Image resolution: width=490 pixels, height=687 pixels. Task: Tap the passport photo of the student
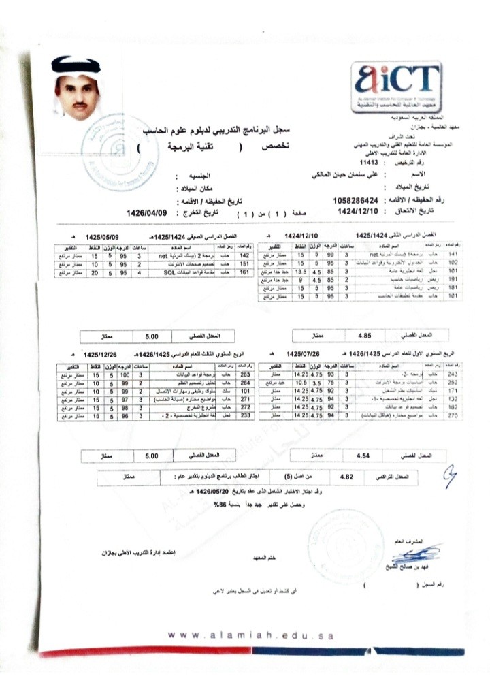[x=77, y=90]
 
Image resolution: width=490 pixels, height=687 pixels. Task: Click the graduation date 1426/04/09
[x=147, y=212]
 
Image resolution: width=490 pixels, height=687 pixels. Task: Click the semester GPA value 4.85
[x=365, y=335]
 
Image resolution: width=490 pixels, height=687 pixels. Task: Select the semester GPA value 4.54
[x=365, y=453]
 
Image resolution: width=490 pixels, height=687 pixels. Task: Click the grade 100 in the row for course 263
[x=124, y=374]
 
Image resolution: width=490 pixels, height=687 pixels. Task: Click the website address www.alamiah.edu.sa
[x=252, y=635]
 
